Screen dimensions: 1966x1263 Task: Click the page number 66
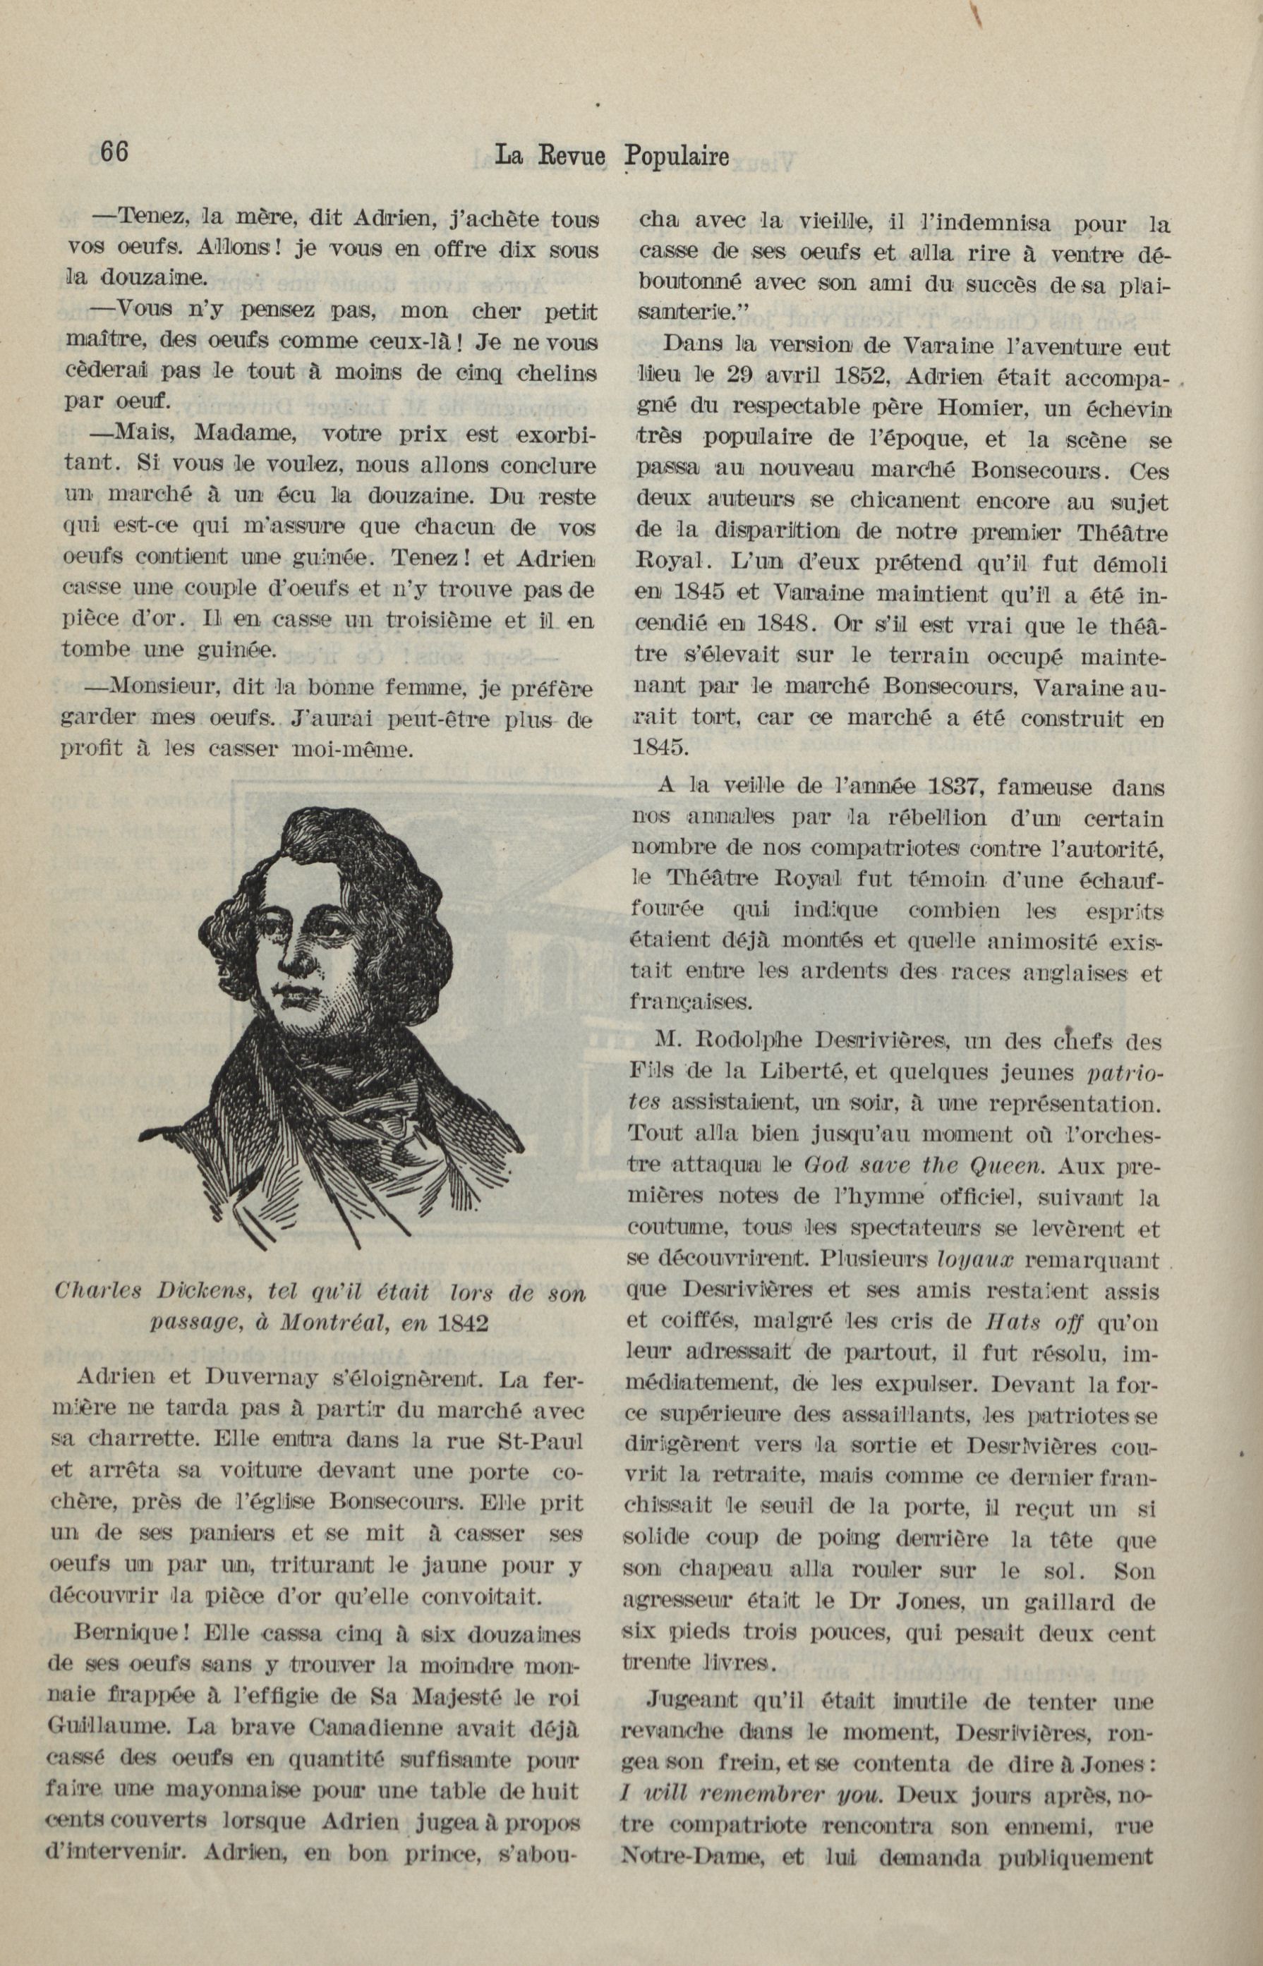(x=114, y=152)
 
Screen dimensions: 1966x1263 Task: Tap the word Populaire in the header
(x=677, y=156)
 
